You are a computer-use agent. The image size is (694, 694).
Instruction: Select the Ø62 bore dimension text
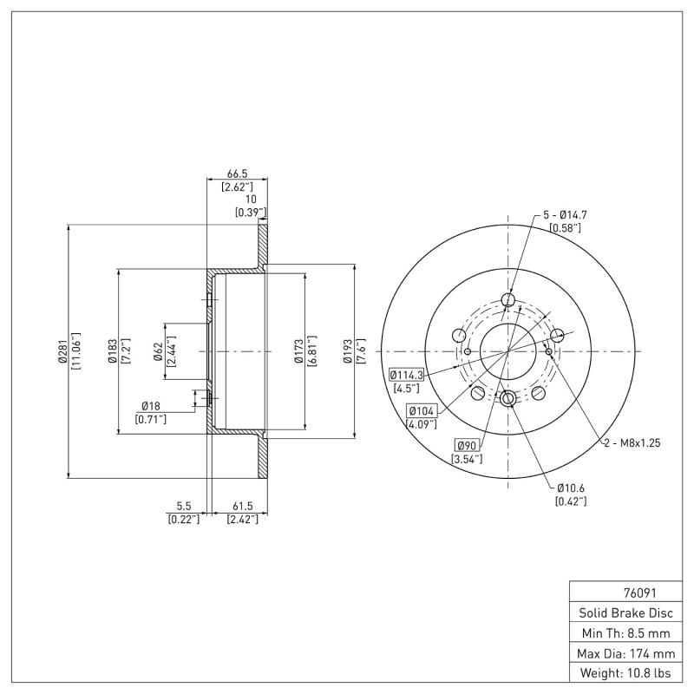(159, 350)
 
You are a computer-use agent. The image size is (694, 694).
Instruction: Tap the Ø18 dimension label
(152, 406)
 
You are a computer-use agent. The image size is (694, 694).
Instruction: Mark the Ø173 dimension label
(299, 351)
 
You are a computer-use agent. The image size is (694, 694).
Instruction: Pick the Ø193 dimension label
(348, 351)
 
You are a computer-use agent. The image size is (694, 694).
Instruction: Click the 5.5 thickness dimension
(183, 506)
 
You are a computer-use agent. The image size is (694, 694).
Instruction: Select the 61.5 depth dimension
(241, 506)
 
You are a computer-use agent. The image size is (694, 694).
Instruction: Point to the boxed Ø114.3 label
(406, 375)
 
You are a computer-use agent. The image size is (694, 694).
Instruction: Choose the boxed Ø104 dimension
(422, 411)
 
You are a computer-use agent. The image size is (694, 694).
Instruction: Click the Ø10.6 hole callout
(570, 488)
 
